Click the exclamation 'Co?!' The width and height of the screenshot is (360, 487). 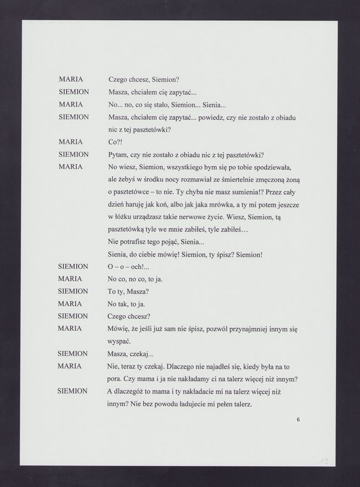115,142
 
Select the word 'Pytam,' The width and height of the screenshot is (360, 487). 120,154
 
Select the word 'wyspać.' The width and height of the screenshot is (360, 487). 120,341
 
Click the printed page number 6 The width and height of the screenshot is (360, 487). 299,419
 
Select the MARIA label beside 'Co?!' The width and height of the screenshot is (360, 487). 70,142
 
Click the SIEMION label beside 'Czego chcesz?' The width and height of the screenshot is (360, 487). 73,316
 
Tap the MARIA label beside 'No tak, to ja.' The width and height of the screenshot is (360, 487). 70,304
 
